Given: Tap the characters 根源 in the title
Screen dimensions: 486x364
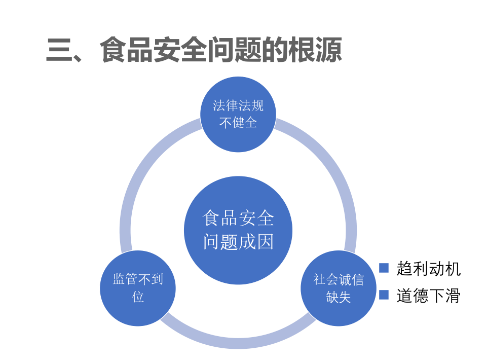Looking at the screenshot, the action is pos(315,50).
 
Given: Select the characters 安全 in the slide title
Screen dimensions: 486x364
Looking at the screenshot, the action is pos(180,50).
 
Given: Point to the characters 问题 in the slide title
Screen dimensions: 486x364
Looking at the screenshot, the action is pos(234,50).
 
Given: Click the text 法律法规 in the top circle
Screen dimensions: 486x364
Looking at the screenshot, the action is pos(238,105).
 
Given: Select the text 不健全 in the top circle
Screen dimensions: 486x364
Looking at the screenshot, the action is pos(238,123).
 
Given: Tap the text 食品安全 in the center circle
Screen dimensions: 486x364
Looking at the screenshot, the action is pos(238,218).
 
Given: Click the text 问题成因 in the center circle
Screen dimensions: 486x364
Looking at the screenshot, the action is pos(238,242).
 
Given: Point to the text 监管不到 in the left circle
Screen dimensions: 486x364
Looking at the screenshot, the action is pos(138,279).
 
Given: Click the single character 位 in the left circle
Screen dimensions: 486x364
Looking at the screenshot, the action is pos(138,297).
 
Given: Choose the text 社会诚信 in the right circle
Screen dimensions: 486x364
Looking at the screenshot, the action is pos(339,279).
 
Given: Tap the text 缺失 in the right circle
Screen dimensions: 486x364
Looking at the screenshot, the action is pos(339,297).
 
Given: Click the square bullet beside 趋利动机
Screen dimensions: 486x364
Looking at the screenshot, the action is pos(384,268).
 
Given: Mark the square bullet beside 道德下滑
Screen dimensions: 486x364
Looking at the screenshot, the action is pos(384,295).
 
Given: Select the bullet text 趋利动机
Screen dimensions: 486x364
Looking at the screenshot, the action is pos(429,269).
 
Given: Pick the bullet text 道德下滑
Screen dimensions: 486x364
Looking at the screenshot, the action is pos(429,296).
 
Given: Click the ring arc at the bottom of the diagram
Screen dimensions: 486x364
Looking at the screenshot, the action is pos(238,343).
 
